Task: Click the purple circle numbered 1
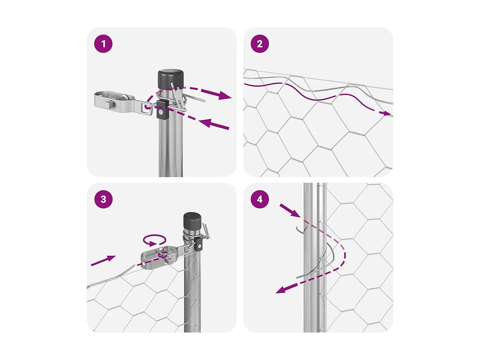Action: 103,44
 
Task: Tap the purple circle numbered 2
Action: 259,44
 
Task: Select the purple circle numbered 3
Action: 103,199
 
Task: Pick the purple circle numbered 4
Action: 259,199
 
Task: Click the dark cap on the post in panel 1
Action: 170,79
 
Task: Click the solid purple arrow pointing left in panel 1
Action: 214,124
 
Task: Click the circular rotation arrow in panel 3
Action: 154,240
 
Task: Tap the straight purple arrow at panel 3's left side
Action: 103,261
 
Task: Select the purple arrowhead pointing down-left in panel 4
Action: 282,290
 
